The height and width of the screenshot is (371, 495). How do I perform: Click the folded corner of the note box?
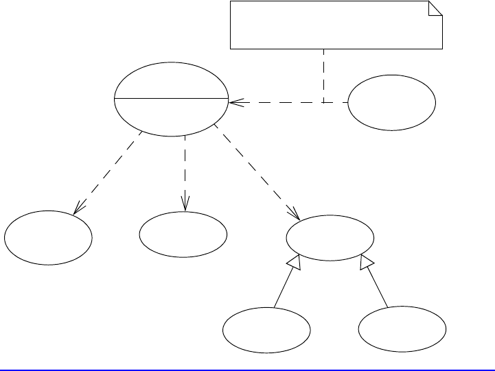click(x=435, y=9)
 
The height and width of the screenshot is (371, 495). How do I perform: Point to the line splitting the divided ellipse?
click(x=171, y=98)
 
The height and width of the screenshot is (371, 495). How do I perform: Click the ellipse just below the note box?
click(x=391, y=103)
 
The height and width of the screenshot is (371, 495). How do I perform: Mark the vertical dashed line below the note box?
click(x=323, y=75)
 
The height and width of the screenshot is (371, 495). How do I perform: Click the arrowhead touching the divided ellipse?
click(x=233, y=103)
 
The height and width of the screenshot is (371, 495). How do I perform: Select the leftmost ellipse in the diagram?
click(x=48, y=239)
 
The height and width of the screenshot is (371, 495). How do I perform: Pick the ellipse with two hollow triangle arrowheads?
click(x=330, y=238)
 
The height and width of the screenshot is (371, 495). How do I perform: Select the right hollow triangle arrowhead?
click(x=366, y=261)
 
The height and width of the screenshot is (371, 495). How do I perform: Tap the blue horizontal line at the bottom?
click(x=247, y=370)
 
